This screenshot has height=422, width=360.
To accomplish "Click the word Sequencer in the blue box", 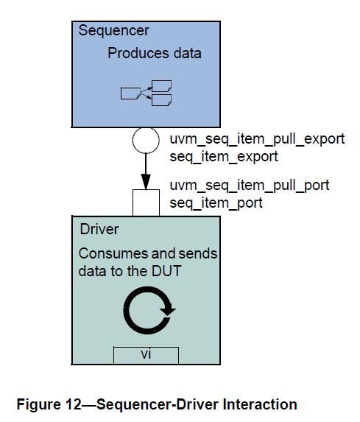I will pyautogui.click(x=113, y=31).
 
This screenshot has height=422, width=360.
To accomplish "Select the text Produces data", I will pyautogui.click(x=154, y=54).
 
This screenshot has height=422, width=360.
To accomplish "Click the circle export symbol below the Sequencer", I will pyautogui.click(x=145, y=140).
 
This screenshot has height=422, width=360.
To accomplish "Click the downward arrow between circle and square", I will pyautogui.click(x=145, y=171).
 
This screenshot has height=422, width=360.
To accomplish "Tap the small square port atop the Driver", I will pyautogui.click(x=145, y=203).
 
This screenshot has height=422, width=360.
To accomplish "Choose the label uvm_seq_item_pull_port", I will pyautogui.click(x=250, y=185).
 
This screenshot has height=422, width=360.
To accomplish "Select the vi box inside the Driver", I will pyautogui.click(x=146, y=354).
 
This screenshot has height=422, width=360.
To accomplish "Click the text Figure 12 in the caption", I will pyautogui.click(x=44, y=404).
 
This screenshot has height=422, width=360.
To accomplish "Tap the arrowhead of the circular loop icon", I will pyautogui.click(x=169, y=309).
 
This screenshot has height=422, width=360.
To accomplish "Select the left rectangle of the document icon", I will pyautogui.click(x=130, y=93).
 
